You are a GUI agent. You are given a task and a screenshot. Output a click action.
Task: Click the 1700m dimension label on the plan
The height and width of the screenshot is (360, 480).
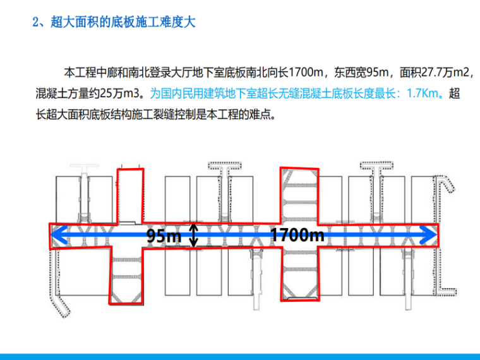click(x=297, y=236)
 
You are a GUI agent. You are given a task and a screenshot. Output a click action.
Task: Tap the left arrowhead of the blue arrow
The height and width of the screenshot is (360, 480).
click(x=56, y=234)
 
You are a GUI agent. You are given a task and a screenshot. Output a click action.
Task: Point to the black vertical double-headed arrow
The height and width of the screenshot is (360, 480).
click(x=195, y=235)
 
